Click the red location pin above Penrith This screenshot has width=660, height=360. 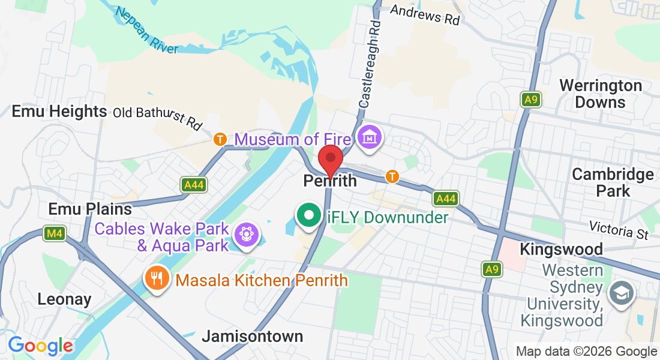330,160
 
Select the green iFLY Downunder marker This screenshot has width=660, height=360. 309,215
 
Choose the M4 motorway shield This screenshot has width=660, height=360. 54,233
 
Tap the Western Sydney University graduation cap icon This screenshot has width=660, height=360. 619,293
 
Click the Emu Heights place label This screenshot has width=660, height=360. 59,112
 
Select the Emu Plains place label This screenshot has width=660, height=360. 90,209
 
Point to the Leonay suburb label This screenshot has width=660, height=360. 64,299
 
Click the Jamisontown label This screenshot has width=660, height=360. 252,336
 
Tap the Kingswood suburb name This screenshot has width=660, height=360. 562,248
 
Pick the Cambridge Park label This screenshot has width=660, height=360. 613,182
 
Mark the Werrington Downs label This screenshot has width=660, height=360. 600,94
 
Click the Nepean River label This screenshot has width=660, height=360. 148,31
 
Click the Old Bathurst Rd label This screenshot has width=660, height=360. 158,118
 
